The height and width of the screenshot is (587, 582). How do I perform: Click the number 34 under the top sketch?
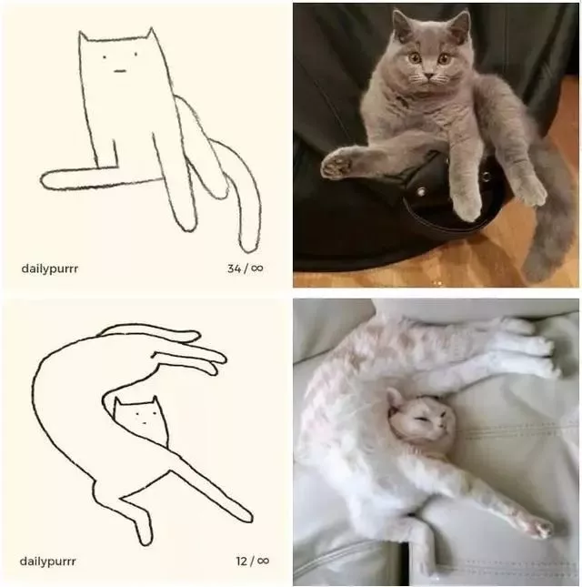coord(234,268)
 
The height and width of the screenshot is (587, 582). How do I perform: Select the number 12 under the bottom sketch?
coord(241,562)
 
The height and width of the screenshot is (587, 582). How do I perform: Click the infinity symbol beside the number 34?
coord(257,268)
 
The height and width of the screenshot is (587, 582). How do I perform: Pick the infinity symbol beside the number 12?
coord(263,561)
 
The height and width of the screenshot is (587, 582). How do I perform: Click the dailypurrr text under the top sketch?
coord(50,269)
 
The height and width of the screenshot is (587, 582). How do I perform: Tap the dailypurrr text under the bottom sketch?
coord(47,562)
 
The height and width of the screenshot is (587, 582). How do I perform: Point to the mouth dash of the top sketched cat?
coord(120,71)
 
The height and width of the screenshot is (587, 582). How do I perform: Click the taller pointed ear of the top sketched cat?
coord(151,33)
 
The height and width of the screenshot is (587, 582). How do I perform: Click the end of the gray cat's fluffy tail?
coord(538,266)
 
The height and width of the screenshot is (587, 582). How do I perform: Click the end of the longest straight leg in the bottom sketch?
coord(247,517)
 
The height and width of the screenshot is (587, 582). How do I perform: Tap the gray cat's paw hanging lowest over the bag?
coord(467,207)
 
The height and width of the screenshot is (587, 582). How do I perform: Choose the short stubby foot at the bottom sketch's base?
coord(145,532)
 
